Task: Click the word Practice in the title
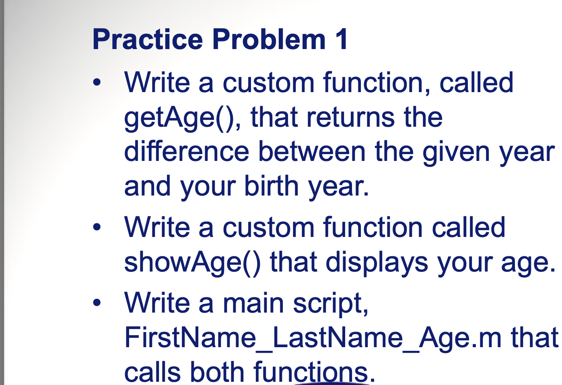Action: tap(148, 40)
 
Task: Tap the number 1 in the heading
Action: tap(341, 39)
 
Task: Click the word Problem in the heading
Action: tap(269, 39)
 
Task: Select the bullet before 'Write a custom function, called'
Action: tap(97, 82)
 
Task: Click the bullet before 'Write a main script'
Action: tap(97, 302)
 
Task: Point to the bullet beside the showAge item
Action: tap(97, 227)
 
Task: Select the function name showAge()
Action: tap(192, 263)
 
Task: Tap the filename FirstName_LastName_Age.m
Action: tap(313, 338)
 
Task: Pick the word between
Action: tap(312, 151)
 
